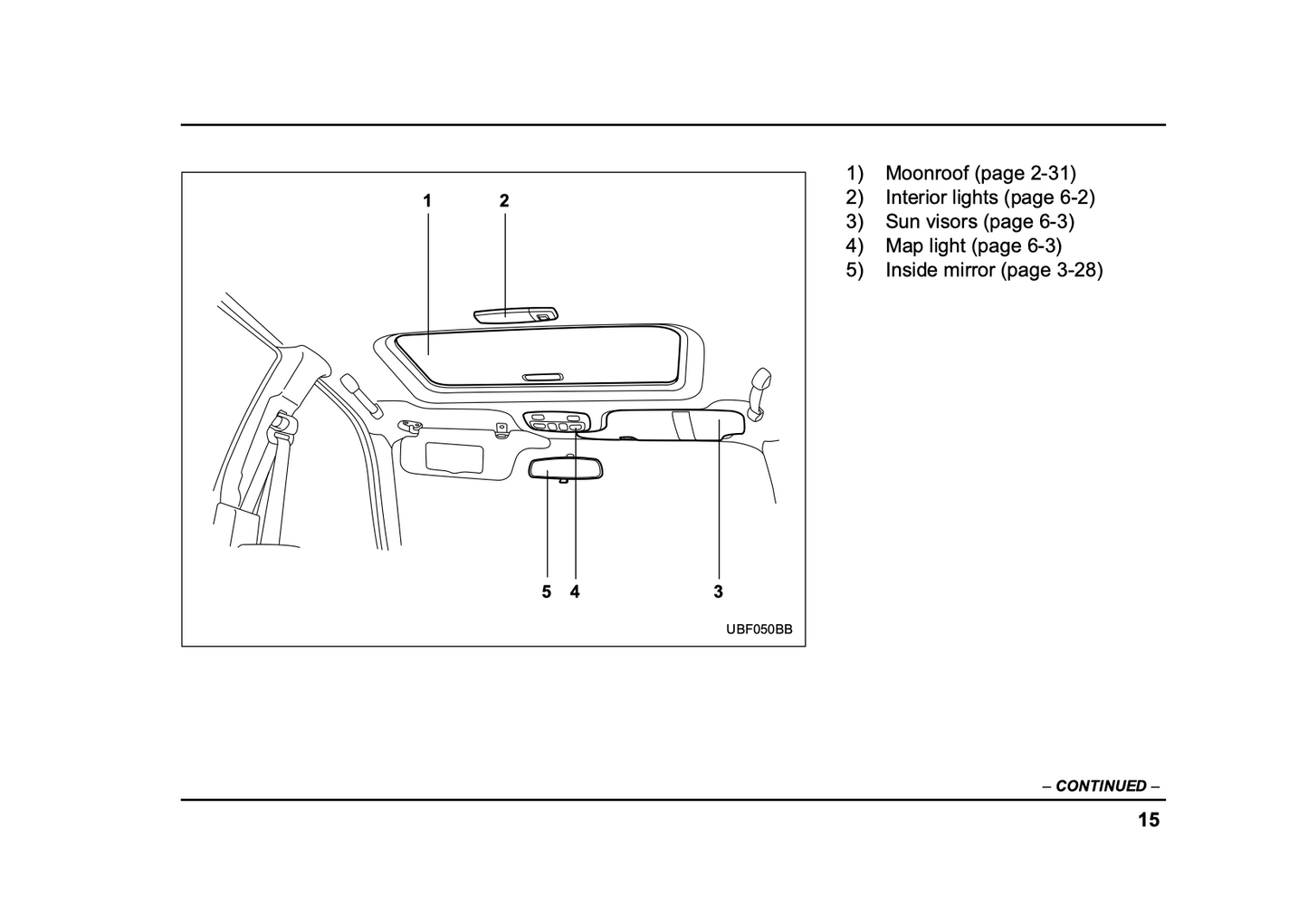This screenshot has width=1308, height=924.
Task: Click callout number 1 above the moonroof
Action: tap(426, 201)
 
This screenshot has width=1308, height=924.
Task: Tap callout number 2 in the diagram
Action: tap(504, 201)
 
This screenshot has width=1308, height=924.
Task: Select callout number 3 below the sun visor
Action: tap(718, 592)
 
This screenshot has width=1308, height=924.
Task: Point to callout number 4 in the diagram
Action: tap(575, 592)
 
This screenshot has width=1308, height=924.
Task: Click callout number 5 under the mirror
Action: tap(546, 592)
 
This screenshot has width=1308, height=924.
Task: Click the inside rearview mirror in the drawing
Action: tap(566, 467)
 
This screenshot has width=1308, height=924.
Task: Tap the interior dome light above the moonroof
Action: tap(515, 313)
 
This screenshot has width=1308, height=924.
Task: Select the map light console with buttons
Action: tap(557, 422)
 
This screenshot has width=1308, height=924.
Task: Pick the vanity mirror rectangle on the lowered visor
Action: tap(454, 456)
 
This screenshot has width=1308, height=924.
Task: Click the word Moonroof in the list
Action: tap(927, 173)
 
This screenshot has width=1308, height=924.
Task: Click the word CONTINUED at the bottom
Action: tap(1101, 786)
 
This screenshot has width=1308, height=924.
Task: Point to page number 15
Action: tap(1148, 821)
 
